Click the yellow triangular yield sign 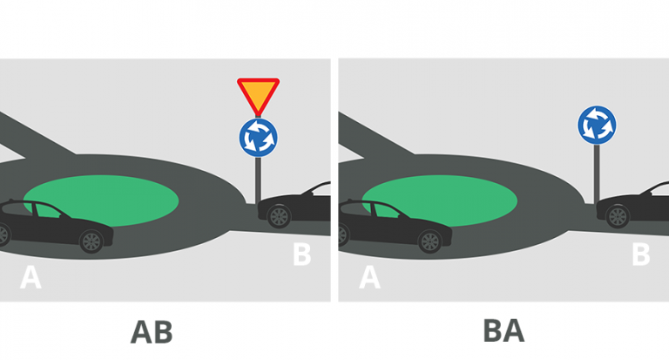pos(258,93)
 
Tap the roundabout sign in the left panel pos(258,137)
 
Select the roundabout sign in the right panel pos(597,126)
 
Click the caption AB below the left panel pos(152,332)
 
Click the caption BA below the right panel pos(503,331)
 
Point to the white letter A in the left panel pos(30,277)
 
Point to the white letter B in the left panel pos(301,255)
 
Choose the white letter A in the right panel pos(369,277)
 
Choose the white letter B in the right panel pos(640,255)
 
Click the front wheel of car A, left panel pos(91,241)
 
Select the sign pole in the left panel pos(258,179)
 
